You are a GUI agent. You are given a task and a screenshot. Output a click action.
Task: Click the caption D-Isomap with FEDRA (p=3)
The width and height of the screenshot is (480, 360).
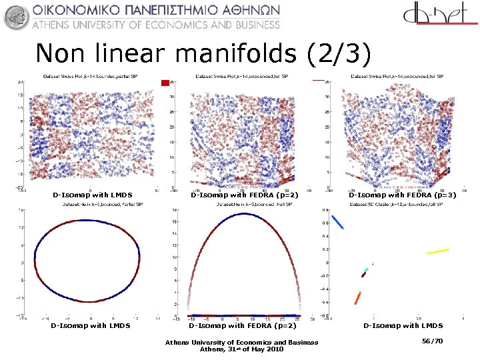click(403, 195)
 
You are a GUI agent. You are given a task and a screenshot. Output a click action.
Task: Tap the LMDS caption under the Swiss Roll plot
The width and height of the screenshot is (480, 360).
click(93, 195)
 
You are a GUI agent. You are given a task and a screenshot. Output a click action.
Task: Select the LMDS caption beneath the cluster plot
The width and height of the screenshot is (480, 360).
click(403, 326)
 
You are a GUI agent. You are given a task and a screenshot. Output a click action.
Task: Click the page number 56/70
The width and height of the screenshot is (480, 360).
click(432, 341)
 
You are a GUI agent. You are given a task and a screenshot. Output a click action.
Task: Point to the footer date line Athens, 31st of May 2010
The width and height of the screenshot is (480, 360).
click(241, 349)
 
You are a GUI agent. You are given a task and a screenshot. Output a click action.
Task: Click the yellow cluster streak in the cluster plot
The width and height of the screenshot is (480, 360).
click(437, 251)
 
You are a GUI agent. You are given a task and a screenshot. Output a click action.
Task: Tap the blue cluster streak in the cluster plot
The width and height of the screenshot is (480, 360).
click(338, 222)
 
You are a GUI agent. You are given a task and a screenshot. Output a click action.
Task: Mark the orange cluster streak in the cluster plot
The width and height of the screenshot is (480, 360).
click(358, 297)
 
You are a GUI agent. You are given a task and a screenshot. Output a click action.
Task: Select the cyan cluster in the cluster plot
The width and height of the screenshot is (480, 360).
click(365, 271)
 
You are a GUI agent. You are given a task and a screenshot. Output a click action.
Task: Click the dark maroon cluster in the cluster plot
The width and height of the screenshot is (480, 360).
click(362, 275)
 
